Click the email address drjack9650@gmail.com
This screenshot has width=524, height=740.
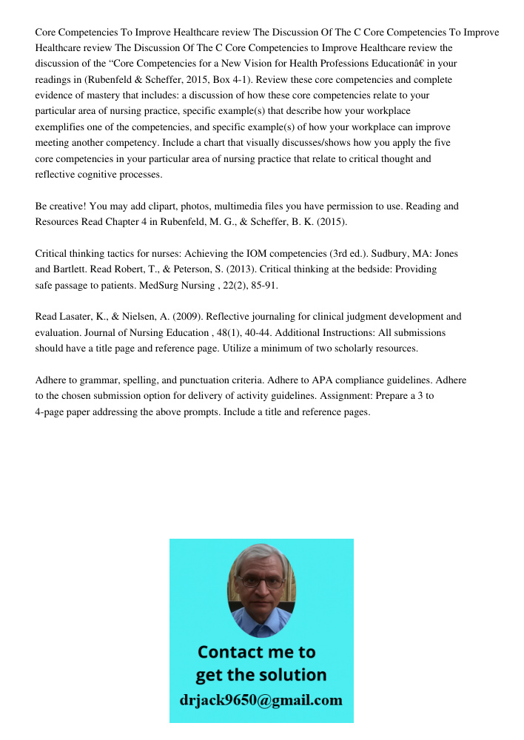[x=261, y=700]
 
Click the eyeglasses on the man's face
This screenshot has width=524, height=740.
[x=261, y=582]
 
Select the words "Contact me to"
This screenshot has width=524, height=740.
[x=256, y=652]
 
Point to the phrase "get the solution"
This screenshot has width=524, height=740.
[x=261, y=675]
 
